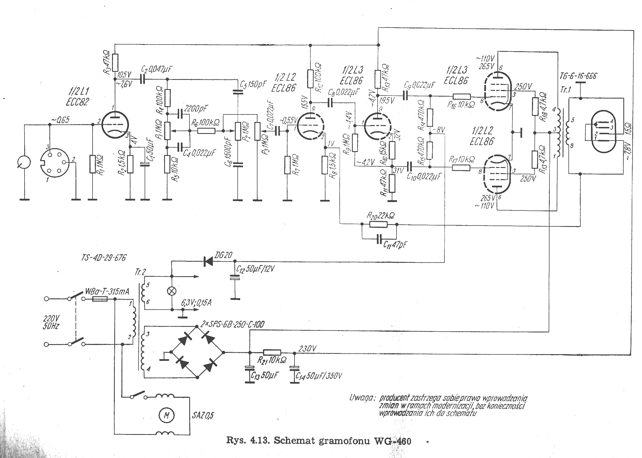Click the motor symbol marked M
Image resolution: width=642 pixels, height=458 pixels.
pyautogui.click(x=167, y=415)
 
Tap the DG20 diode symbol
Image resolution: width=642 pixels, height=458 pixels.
pyautogui.click(x=208, y=262)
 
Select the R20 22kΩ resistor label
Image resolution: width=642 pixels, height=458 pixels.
pyautogui.click(x=380, y=216)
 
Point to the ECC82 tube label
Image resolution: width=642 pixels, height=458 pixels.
pyautogui.click(x=77, y=102)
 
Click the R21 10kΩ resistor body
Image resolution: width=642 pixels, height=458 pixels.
pyautogui.click(x=272, y=352)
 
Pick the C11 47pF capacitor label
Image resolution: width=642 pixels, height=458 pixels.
pyautogui.click(x=395, y=245)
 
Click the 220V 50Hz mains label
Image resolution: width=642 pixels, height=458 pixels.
pyautogui.click(x=51, y=322)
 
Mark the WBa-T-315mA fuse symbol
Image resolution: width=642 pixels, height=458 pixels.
pyautogui.click(x=100, y=299)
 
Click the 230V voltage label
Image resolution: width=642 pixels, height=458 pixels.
pyautogui.click(x=307, y=349)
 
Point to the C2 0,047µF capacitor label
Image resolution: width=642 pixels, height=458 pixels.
pyautogui.click(x=157, y=70)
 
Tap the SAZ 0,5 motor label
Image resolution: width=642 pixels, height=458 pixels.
pyautogui.click(x=203, y=415)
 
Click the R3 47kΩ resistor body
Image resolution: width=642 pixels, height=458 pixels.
pyautogui.click(x=115, y=63)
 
